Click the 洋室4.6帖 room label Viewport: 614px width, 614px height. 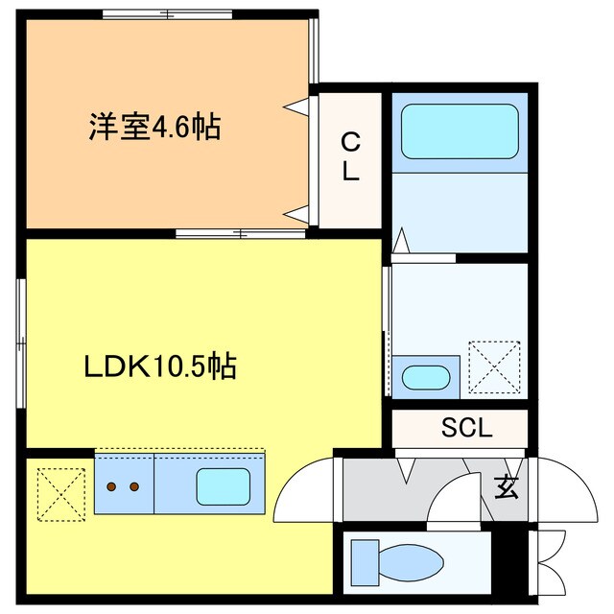(x=153, y=127)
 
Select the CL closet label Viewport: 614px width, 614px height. (x=351, y=158)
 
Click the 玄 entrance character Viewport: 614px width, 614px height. (x=506, y=487)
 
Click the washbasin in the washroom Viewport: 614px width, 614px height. (x=423, y=376)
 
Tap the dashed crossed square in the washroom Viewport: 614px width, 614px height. (x=493, y=366)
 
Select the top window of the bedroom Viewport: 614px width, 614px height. (x=168, y=13)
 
